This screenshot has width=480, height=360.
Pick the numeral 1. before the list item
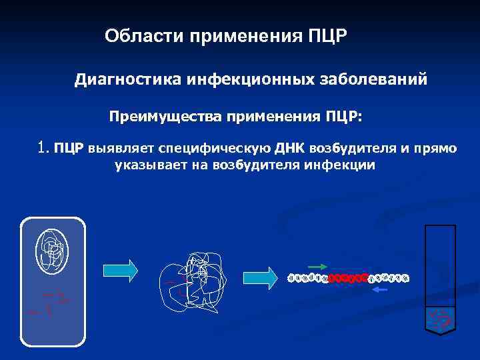pyautogui.click(x=44, y=146)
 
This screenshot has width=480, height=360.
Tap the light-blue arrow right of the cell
pyautogui.click(x=121, y=269)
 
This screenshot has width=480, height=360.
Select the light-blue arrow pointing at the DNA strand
pyautogui.click(x=260, y=277)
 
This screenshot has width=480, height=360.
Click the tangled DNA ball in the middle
pyautogui.click(x=193, y=280)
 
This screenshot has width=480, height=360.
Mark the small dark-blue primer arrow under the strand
pyautogui.click(x=379, y=290)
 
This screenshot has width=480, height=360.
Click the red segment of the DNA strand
pyautogui.click(x=349, y=277)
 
